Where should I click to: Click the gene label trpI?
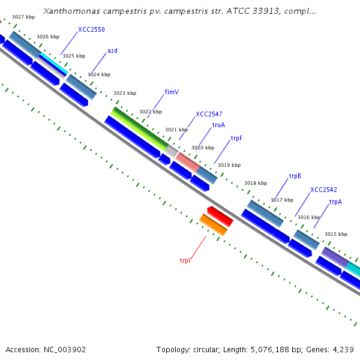[x=184, y=260]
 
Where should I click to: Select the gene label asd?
[x=112, y=50]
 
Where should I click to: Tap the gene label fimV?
[x=172, y=92]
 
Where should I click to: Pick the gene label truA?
[x=218, y=125]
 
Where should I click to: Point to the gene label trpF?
[x=236, y=139]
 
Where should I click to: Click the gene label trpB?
[x=295, y=176]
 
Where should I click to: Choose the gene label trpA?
[x=335, y=202]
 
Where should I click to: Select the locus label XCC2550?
[x=91, y=29]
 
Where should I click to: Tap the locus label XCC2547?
[x=209, y=114]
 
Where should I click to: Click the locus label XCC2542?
[x=323, y=190]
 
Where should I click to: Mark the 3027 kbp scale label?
[x=23, y=17]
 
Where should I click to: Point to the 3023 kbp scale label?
[x=125, y=93]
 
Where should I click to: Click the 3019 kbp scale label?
[x=229, y=165]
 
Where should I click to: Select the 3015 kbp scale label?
[x=335, y=234]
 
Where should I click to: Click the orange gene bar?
[x=213, y=225]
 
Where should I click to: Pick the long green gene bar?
[x=139, y=128]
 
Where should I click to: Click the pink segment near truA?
[x=187, y=161]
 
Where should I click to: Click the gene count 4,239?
[x=343, y=349]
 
